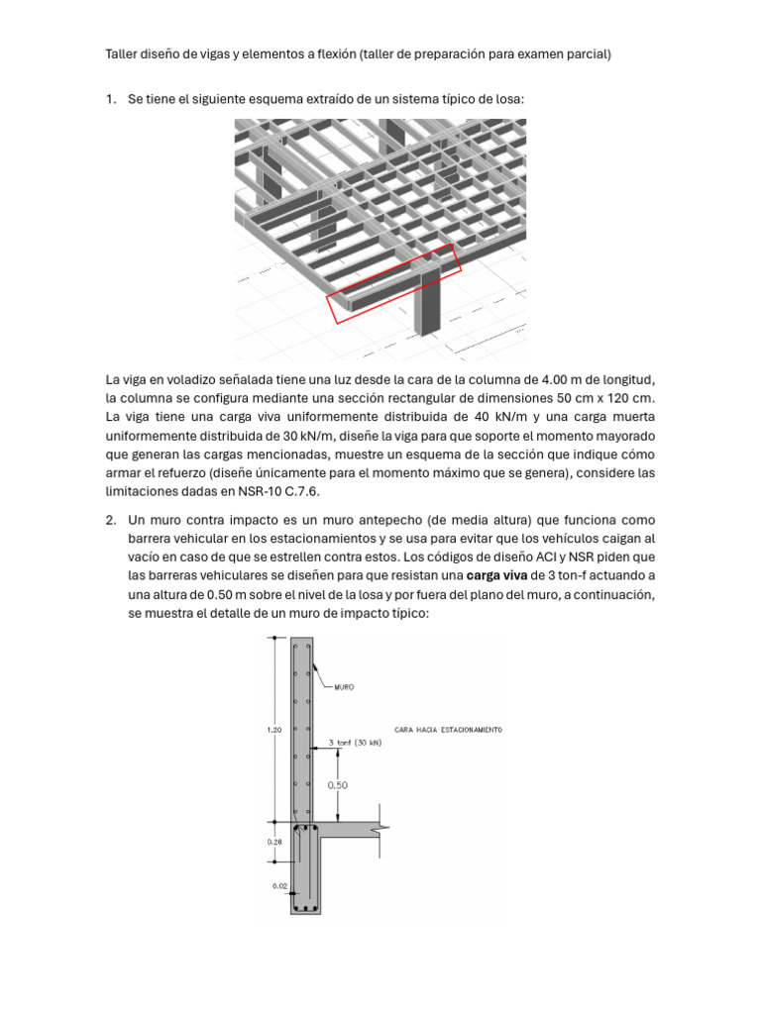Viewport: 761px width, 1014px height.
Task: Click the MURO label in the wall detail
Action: coord(343,686)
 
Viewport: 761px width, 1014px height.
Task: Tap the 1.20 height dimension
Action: coord(274,730)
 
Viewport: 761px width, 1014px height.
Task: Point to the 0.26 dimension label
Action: coord(274,842)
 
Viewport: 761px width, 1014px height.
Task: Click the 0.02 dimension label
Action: coord(278,885)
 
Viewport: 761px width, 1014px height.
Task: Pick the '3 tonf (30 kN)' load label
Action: coord(354,742)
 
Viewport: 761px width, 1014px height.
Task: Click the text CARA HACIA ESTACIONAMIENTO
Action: coord(448,729)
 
